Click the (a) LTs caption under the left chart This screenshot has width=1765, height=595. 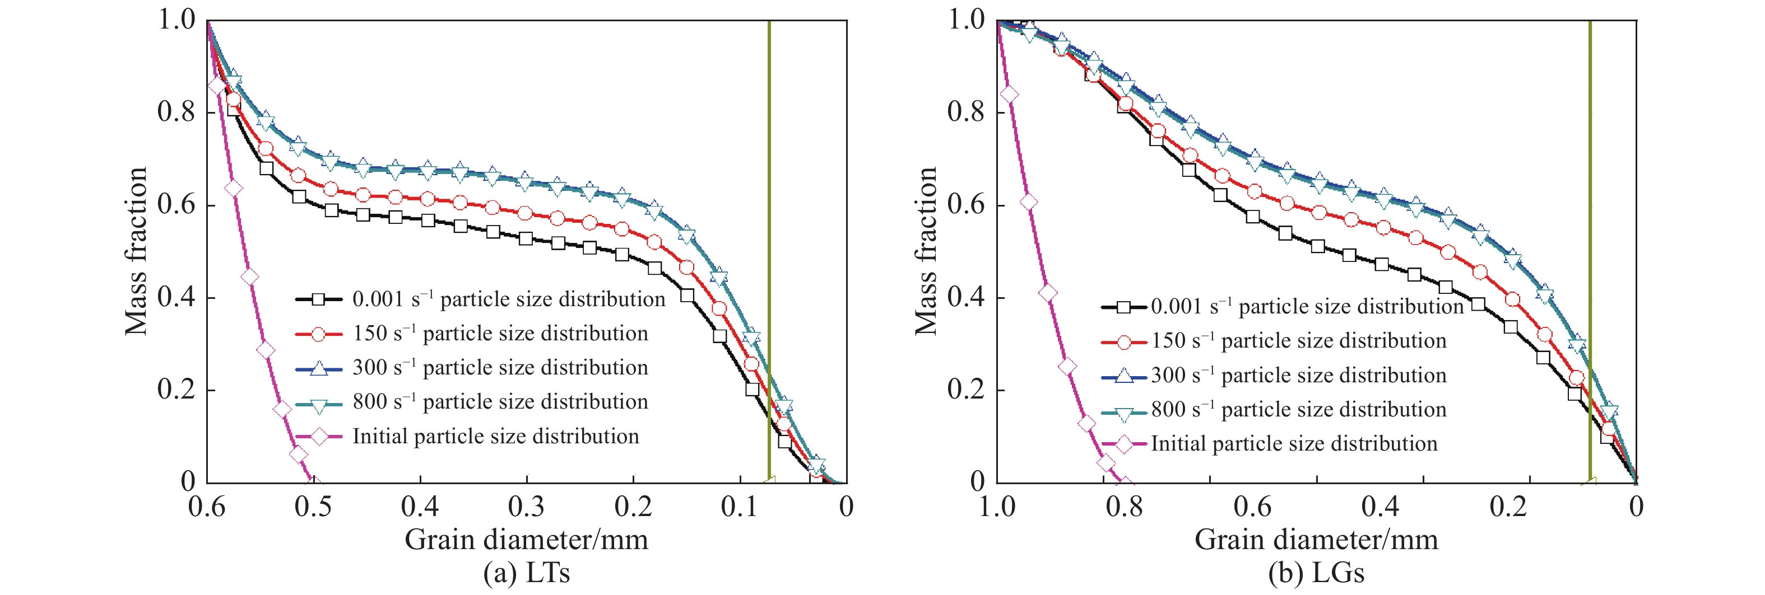click(x=526, y=573)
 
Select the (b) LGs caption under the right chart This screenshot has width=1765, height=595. click(x=1316, y=573)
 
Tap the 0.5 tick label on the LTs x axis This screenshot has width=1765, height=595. click(x=313, y=507)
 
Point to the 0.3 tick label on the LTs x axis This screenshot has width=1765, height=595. click(x=526, y=507)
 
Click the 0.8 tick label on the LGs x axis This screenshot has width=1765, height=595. click(x=1125, y=507)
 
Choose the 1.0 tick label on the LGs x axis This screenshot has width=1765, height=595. click(x=997, y=507)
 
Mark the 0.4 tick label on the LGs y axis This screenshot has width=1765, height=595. click(x=966, y=297)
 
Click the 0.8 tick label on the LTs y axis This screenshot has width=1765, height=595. click(x=176, y=111)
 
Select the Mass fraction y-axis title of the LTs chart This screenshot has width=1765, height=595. click(x=136, y=251)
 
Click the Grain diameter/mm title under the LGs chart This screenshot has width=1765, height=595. click(x=1316, y=540)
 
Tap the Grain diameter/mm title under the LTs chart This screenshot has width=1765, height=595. click(x=526, y=540)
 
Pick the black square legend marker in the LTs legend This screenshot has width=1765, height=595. click(x=319, y=299)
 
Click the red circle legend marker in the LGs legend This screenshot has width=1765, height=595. click(x=1123, y=341)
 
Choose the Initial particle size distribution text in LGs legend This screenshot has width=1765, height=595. click(x=1294, y=444)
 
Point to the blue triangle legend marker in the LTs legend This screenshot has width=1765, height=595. click(x=319, y=368)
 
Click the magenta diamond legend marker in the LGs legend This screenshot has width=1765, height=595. click(x=1123, y=444)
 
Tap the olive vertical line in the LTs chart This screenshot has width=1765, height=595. click(x=769, y=251)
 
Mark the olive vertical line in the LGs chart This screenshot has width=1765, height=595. click(x=1590, y=251)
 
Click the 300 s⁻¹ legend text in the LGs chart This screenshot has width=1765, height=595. click(x=1298, y=375)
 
